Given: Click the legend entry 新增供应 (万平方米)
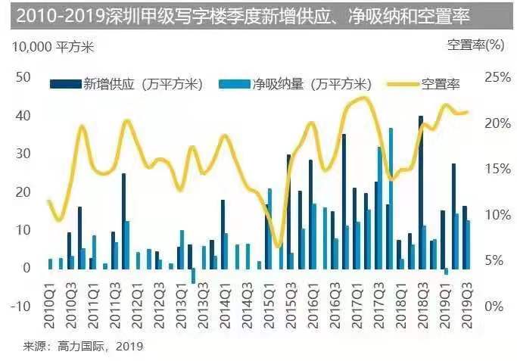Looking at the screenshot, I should [128, 83].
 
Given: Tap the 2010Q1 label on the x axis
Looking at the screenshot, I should [50, 327].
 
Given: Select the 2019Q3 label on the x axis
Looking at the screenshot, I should [467, 327].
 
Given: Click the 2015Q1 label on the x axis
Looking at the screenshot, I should [269, 327].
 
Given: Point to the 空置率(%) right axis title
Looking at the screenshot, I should [475, 45].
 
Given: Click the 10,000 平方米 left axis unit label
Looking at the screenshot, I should [44, 46].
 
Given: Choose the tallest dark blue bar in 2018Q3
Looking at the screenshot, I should [421, 192].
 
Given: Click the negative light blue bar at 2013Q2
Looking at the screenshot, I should [193, 275].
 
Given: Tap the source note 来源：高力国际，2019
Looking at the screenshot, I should [83, 347].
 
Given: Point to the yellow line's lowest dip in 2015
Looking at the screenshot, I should [278, 247].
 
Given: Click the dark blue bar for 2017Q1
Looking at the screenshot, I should [344, 201].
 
